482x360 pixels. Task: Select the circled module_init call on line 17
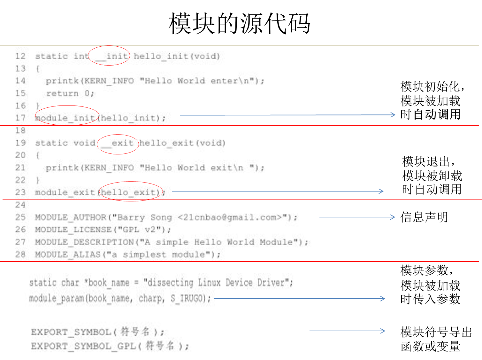click(x=66, y=118)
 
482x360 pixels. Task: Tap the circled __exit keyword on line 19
click(x=117, y=143)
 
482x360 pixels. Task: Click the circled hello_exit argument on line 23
click(x=130, y=192)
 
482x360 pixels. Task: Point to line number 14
click(x=20, y=81)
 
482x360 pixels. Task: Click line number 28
click(x=20, y=254)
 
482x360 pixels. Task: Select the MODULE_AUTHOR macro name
click(x=70, y=217)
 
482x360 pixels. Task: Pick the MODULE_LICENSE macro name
click(x=73, y=230)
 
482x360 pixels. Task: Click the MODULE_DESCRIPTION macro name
click(x=84, y=242)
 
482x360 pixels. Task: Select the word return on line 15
click(x=62, y=93)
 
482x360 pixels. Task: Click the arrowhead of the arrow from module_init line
click(x=394, y=115)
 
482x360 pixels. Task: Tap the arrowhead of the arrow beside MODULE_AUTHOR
click(x=393, y=217)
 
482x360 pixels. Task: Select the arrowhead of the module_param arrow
click(x=383, y=299)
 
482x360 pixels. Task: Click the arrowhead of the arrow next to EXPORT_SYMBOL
click(x=383, y=331)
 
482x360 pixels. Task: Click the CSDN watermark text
click(x=436, y=354)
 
